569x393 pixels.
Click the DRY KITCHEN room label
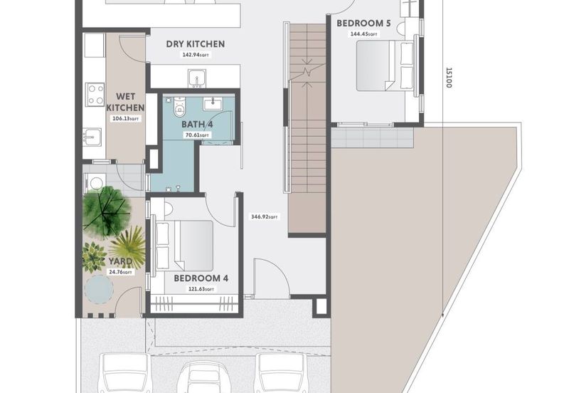point(195,44)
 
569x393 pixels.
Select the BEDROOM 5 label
point(363,23)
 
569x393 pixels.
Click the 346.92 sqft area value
point(265,216)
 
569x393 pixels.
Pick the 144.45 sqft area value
point(363,33)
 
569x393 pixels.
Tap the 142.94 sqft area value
point(194,55)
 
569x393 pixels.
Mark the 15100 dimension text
point(449,79)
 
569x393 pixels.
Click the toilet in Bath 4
point(179,107)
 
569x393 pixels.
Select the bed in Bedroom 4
point(188,246)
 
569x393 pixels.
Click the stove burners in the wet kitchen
point(94,94)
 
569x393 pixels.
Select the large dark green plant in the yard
point(104,211)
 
